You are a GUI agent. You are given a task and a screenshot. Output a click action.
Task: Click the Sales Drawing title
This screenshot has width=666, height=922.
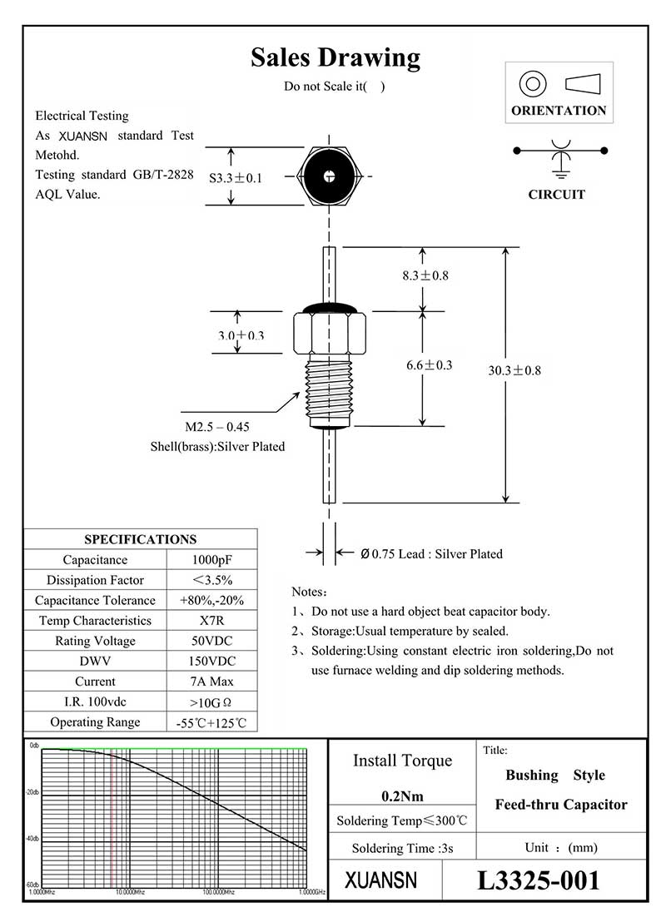click(335, 57)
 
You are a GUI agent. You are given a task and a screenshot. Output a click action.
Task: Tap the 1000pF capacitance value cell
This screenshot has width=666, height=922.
click(211, 560)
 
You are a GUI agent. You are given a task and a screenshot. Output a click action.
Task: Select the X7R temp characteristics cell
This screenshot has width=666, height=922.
click(211, 621)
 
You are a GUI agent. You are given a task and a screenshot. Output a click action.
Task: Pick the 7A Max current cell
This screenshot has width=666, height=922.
click(211, 682)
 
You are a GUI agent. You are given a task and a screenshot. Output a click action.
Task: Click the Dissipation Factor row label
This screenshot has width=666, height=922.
click(95, 580)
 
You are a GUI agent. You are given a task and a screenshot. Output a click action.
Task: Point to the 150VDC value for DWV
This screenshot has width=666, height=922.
click(211, 662)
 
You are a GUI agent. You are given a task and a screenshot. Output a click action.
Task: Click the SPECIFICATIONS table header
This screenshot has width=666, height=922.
click(140, 539)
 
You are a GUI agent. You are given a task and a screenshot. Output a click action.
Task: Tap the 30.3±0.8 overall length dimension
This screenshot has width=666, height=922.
click(514, 370)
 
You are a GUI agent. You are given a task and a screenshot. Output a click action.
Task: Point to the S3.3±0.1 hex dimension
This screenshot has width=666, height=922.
click(236, 178)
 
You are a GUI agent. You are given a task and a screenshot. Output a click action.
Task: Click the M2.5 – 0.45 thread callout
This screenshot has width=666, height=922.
click(217, 427)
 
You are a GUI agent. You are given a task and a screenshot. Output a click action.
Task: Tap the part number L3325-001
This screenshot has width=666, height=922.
click(538, 880)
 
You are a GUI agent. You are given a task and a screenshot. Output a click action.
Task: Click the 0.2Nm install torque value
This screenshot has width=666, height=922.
click(403, 796)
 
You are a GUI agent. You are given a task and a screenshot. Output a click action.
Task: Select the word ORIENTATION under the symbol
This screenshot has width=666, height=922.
click(559, 111)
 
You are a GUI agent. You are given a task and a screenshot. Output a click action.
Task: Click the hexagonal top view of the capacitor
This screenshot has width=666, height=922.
click(331, 176)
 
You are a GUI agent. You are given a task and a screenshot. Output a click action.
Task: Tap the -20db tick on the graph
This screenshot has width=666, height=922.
click(34, 792)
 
